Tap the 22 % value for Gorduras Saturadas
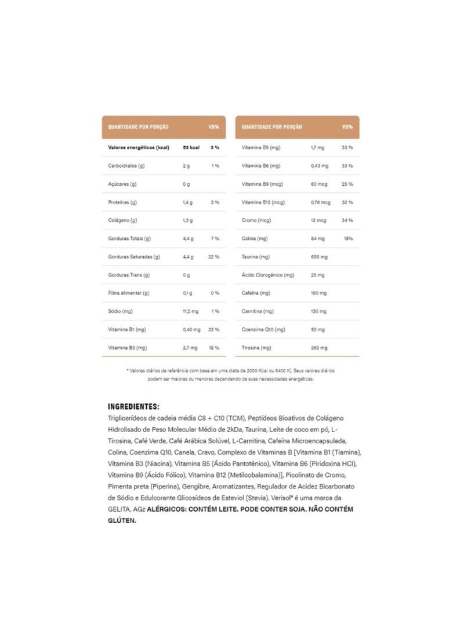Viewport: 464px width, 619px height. pos(213,257)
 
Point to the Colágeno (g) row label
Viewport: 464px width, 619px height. pos(122,221)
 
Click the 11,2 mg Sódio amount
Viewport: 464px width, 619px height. pos(191,311)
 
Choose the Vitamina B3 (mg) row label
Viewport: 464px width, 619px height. pos(126,348)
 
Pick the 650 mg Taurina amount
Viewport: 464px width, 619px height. pos(318,257)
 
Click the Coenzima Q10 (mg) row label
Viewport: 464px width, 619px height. pos(263,329)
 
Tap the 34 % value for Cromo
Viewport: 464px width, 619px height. pos(347,221)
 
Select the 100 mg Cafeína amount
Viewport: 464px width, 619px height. pos(318,293)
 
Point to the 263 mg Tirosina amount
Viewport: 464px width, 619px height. pos(318,348)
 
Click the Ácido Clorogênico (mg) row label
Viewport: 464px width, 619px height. pos(268,275)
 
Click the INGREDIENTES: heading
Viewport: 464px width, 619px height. pos(133,407)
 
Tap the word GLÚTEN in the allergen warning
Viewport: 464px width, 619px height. pos(122,521)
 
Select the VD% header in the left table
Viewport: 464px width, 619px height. pos(213,127)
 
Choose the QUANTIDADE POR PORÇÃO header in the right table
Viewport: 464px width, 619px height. pos(271,127)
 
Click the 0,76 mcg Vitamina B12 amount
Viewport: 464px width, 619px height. pos(320,202)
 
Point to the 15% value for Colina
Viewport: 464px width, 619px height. pos(348,239)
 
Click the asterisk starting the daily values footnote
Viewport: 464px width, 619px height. pos(127,370)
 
